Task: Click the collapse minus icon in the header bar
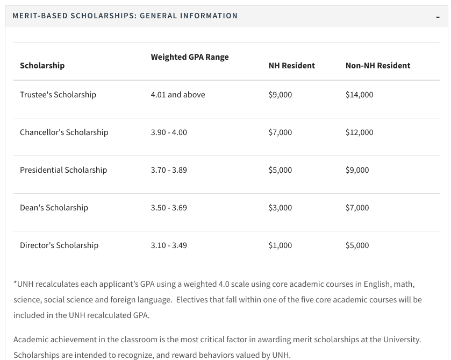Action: click(438, 17)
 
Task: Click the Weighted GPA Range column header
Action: click(190, 57)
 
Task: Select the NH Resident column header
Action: click(291, 66)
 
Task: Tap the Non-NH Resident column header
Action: click(377, 66)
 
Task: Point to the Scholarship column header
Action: click(42, 66)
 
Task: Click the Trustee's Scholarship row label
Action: click(58, 95)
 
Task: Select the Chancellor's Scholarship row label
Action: click(64, 132)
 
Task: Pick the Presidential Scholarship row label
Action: click(63, 170)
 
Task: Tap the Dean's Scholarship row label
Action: click(54, 208)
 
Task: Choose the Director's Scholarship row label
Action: click(59, 245)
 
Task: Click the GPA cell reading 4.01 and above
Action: click(178, 95)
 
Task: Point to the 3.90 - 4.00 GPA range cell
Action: click(169, 132)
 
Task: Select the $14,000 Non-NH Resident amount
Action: click(359, 95)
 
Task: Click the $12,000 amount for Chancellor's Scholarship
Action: click(359, 132)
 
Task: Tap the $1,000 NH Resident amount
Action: click(280, 245)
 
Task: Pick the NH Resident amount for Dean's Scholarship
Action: click(280, 208)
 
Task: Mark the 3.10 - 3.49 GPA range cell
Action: click(169, 245)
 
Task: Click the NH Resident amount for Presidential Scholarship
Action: click(280, 170)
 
